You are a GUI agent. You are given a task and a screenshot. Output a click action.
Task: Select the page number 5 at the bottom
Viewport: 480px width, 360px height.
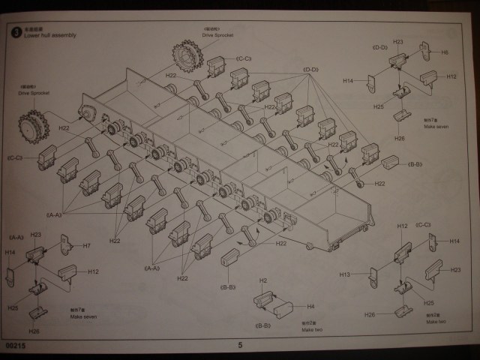point(240,345)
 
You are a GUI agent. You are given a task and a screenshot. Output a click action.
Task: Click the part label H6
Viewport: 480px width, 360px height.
point(445,52)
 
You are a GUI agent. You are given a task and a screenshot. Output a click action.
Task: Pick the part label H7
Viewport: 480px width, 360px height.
point(87,245)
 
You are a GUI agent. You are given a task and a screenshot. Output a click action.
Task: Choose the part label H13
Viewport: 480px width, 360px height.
point(344,274)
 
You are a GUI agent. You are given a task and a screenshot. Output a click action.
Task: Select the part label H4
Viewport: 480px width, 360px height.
point(310,306)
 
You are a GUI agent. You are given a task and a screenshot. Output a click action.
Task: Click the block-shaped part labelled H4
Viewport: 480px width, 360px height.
point(283,307)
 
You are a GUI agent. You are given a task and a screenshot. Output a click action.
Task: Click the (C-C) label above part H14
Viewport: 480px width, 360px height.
point(423,224)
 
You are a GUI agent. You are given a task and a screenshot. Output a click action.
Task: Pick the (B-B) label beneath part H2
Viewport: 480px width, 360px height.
point(263,325)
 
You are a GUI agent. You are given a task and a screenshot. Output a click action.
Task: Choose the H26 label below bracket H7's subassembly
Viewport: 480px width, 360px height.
point(34,331)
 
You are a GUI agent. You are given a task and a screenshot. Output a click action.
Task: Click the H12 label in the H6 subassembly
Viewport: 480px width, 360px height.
point(451,76)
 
